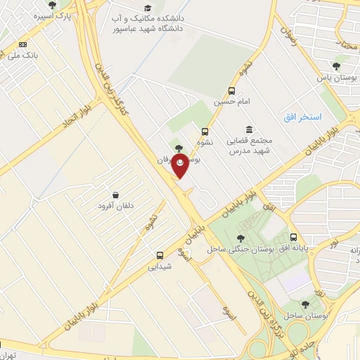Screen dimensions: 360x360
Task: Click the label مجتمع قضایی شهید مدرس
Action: coord(250,146)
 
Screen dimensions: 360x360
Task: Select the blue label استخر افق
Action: coord(302,116)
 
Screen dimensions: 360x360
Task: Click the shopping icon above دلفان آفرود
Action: coord(115,193)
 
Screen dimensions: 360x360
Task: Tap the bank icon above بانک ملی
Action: coord(23,44)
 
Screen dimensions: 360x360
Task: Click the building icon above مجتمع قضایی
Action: coord(250,129)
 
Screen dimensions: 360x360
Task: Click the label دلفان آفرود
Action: coord(115,205)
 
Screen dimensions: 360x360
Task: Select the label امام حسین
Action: coord(232,102)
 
